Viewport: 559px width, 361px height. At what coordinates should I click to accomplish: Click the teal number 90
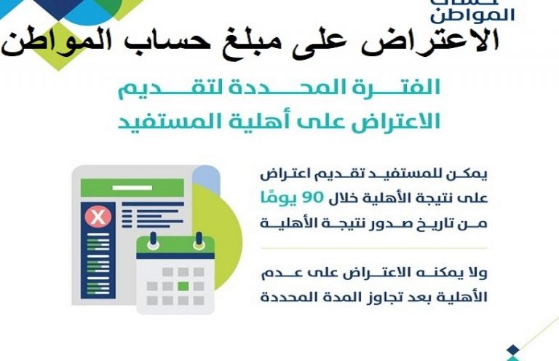[313, 198]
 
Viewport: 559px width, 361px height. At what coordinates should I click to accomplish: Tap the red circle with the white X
[98, 217]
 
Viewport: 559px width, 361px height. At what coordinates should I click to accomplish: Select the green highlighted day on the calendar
[183, 286]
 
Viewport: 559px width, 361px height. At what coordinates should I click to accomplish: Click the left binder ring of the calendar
[154, 241]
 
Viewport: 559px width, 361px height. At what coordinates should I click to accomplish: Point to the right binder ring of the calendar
[199, 241]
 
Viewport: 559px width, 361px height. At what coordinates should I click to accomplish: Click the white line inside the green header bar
[132, 188]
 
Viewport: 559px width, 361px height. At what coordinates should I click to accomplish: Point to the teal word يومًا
[278, 198]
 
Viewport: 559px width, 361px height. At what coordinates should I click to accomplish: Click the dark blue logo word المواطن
[472, 15]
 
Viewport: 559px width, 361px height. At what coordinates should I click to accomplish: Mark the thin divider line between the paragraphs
[374, 248]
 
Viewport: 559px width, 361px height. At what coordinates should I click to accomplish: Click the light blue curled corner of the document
[207, 176]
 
